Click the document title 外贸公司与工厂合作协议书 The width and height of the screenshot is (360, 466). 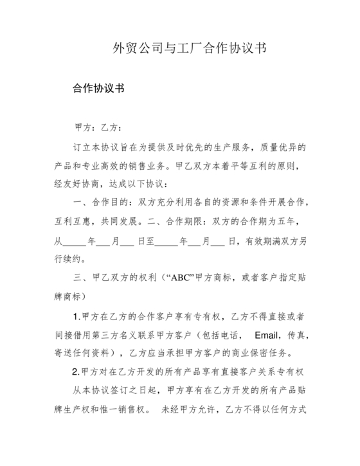[190, 48]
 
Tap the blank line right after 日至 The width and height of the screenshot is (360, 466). [166, 242]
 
